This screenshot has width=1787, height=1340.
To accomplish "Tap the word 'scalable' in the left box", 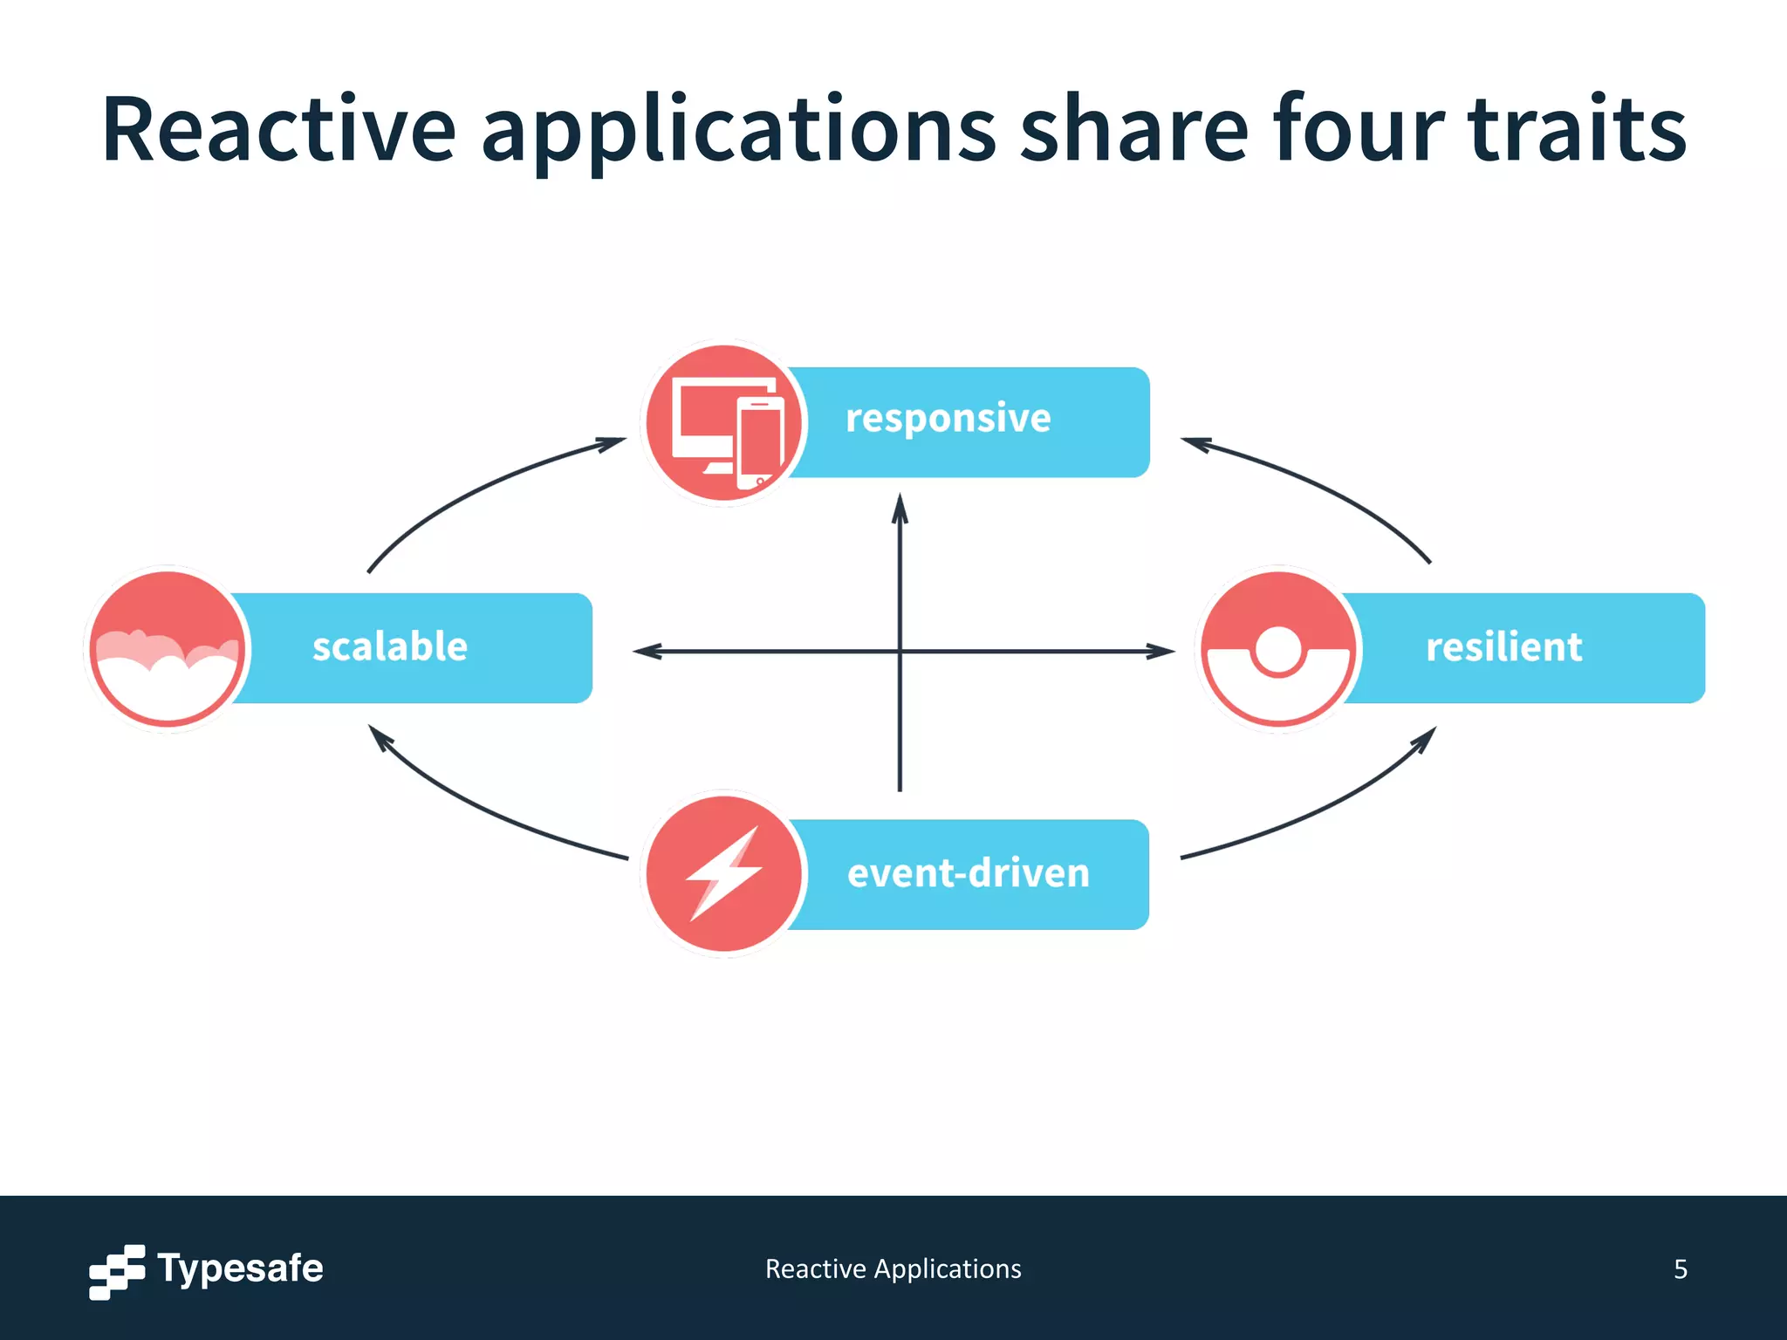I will [x=390, y=647].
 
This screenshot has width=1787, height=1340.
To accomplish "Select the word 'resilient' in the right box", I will [x=1503, y=647].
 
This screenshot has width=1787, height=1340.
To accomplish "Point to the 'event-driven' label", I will [x=969, y=873].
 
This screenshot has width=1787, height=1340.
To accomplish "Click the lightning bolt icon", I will [x=724, y=873].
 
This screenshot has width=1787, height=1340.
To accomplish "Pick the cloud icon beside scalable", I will [x=167, y=651].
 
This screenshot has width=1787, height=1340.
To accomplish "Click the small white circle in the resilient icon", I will [x=1278, y=650].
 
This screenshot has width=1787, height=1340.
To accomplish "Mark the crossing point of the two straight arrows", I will [x=900, y=651].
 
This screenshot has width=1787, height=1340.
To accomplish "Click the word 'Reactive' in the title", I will [x=278, y=129].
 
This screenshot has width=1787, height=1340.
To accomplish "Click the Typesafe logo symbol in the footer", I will [x=117, y=1271].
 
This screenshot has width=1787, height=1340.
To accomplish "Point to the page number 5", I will [x=1680, y=1269].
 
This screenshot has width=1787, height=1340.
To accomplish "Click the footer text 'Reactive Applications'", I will [x=893, y=1269].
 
